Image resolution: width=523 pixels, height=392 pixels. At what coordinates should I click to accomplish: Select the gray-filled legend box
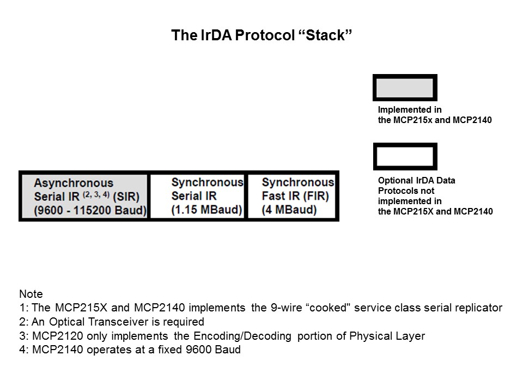pyautogui.click(x=404, y=88)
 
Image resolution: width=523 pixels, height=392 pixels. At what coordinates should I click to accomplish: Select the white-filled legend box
pyautogui.click(x=404, y=157)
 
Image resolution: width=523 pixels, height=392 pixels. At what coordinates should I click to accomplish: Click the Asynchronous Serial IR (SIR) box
pyautogui.click(x=84, y=196)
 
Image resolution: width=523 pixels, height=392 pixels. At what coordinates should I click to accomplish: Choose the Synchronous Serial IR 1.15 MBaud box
pyautogui.click(x=198, y=196)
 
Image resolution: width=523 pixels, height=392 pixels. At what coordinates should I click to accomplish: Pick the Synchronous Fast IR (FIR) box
pyautogui.click(x=293, y=196)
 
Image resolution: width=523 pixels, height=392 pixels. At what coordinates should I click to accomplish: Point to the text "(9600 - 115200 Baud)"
pyautogui.click(x=90, y=210)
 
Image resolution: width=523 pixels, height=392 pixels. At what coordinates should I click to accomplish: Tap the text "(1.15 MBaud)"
pyautogui.click(x=206, y=210)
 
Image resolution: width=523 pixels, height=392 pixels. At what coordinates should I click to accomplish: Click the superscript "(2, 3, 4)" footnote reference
pyautogui.click(x=96, y=193)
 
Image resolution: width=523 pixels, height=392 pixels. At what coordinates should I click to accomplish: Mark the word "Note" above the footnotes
pyautogui.click(x=31, y=293)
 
